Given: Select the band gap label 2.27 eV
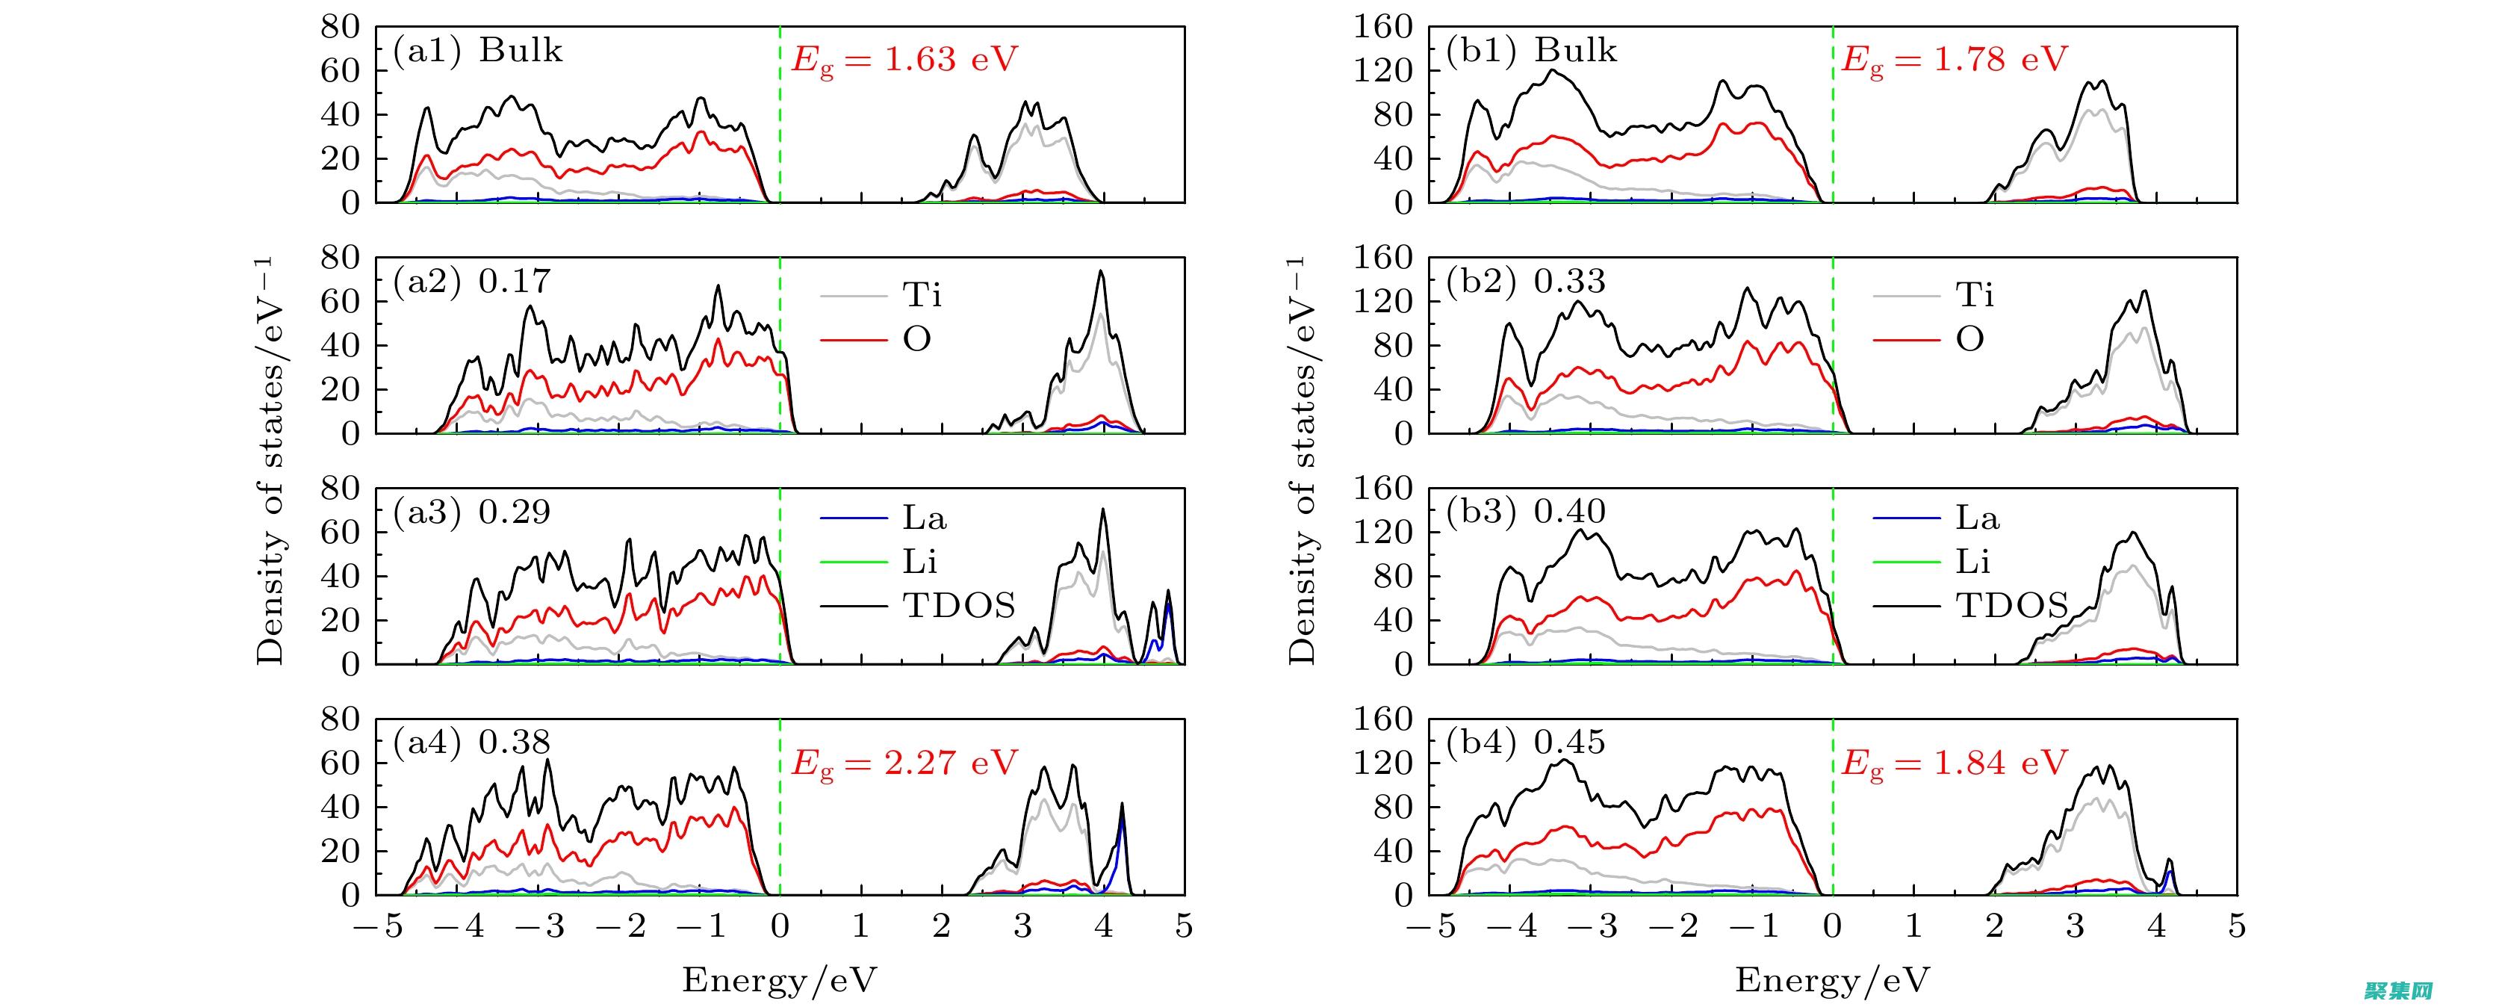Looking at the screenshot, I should (x=904, y=763).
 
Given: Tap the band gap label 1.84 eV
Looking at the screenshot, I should (x=1955, y=763).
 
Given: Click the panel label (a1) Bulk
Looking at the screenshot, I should (x=477, y=51).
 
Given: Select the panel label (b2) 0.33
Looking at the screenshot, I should (x=1526, y=282).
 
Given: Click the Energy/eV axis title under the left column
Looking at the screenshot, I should (x=779, y=981).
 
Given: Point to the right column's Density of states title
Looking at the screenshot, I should (x=1302, y=461).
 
